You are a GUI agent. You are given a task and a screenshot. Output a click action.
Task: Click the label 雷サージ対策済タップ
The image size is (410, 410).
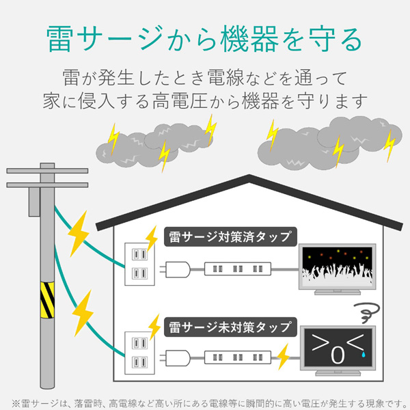(x=230, y=237)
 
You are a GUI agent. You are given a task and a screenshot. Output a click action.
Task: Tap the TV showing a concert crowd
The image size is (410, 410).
(x=338, y=268)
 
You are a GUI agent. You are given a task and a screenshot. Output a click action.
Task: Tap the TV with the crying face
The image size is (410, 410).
(x=338, y=352)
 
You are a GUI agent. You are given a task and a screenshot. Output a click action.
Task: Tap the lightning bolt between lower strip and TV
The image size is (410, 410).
(x=284, y=355)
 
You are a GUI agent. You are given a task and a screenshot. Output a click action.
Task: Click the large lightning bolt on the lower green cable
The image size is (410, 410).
(x=83, y=311)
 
